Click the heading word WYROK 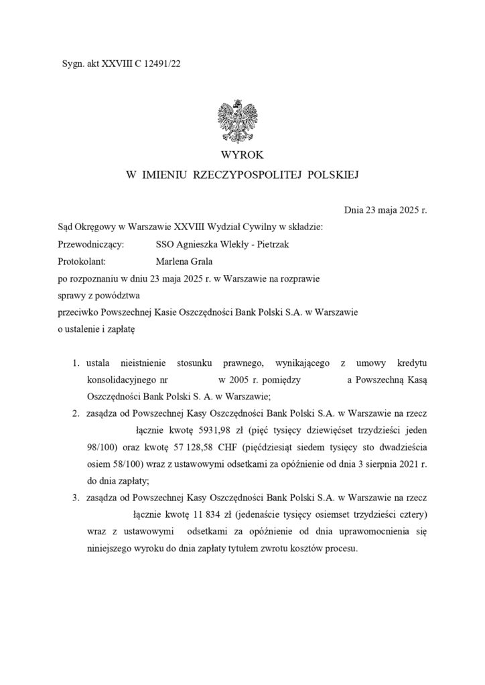(242, 155)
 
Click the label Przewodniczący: (91, 245)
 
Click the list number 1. (76, 363)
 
